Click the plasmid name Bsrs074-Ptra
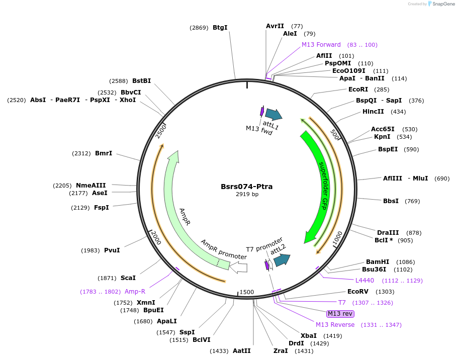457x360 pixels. pos(246,187)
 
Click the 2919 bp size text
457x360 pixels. pos(247,194)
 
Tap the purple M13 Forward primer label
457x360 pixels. pos(321,45)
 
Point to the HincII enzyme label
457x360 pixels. pos(373,112)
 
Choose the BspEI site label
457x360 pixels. pos(388,149)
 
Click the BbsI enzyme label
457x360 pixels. pos(391,201)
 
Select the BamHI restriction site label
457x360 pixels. pos(378,262)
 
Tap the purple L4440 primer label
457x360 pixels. pos(364,281)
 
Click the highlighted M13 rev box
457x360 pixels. pos(340,314)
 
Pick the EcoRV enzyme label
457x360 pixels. pos(357,292)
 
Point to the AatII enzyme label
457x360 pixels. pos(241,351)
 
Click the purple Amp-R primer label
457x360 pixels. pos(135,292)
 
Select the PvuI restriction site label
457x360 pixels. pos(112,250)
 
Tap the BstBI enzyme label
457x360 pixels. pos(141,80)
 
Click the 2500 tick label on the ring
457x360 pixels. pos(161,131)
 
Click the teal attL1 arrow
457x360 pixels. pos(273,115)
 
